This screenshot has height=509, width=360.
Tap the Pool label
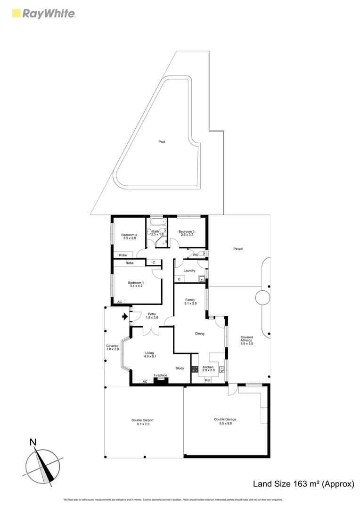click(x=162, y=142)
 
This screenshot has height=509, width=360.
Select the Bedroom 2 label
click(x=129, y=237)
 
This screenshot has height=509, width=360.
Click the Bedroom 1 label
click(x=136, y=284)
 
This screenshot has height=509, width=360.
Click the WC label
click(x=195, y=255)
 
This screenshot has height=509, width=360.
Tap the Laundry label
click(x=190, y=271)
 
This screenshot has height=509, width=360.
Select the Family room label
click(x=190, y=302)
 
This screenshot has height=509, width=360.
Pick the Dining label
click(x=200, y=334)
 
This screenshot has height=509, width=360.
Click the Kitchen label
click(x=208, y=369)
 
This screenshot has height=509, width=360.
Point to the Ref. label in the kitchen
click(x=207, y=380)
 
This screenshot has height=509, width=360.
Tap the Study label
click(x=180, y=369)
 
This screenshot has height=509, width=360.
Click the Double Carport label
click(x=143, y=422)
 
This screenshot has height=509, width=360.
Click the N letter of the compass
click(x=33, y=442)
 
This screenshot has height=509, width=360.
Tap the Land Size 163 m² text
click(x=303, y=484)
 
